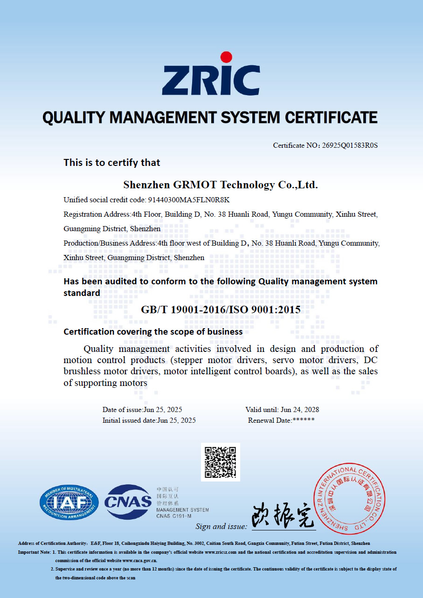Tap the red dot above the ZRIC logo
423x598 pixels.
[226, 57]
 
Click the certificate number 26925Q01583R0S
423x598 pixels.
[350, 145]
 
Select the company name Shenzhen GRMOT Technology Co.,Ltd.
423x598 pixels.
[221, 185]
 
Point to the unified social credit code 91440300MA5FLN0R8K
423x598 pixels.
[189, 200]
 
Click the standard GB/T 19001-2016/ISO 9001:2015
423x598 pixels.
[221, 309]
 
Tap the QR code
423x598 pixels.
[221, 462]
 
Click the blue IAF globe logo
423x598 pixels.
[69, 502]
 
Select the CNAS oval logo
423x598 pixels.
[128, 502]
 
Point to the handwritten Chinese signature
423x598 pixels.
[283, 516]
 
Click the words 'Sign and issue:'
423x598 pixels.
[221, 526]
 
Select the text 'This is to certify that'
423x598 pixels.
[112, 163]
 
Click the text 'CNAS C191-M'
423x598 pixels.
[174, 516]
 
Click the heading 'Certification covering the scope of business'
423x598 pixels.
[153, 332]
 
